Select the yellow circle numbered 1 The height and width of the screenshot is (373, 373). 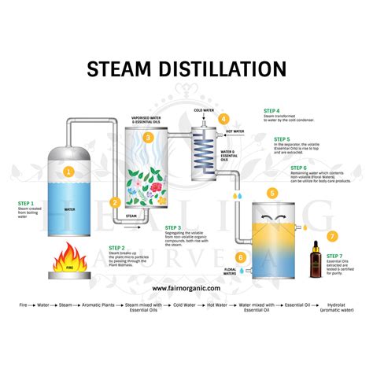coord(68,170)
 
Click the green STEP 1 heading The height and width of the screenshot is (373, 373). coord(26,201)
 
